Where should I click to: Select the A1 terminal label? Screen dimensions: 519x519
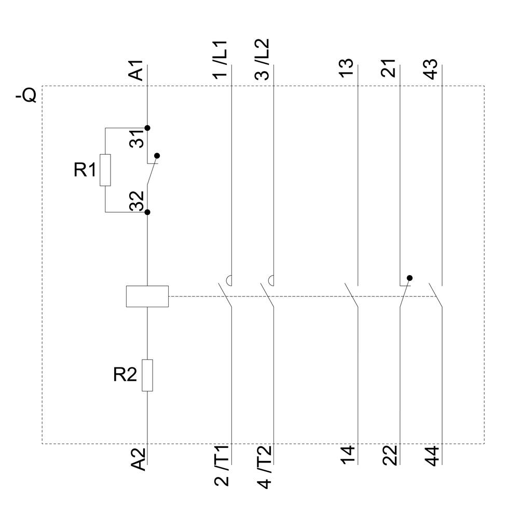point(136,71)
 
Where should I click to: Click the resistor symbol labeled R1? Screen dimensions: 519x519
point(105,170)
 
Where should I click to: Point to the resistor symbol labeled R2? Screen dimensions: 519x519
point(147,375)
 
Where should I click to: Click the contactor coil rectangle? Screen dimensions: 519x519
point(147,296)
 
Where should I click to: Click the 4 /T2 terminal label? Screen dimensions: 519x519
point(264,466)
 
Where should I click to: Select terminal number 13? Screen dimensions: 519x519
point(347,68)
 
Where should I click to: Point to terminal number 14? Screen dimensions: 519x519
point(348,455)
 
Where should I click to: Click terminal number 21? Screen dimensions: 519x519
point(389,68)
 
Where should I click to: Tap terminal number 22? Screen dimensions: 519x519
point(390,455)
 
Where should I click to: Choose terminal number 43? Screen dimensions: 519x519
point(431,68)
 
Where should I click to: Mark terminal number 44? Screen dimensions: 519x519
point(432,455)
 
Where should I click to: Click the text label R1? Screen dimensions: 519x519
point(85,170)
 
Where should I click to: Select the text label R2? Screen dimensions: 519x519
point(125,375)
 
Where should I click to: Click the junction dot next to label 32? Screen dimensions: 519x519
point(147,212)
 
